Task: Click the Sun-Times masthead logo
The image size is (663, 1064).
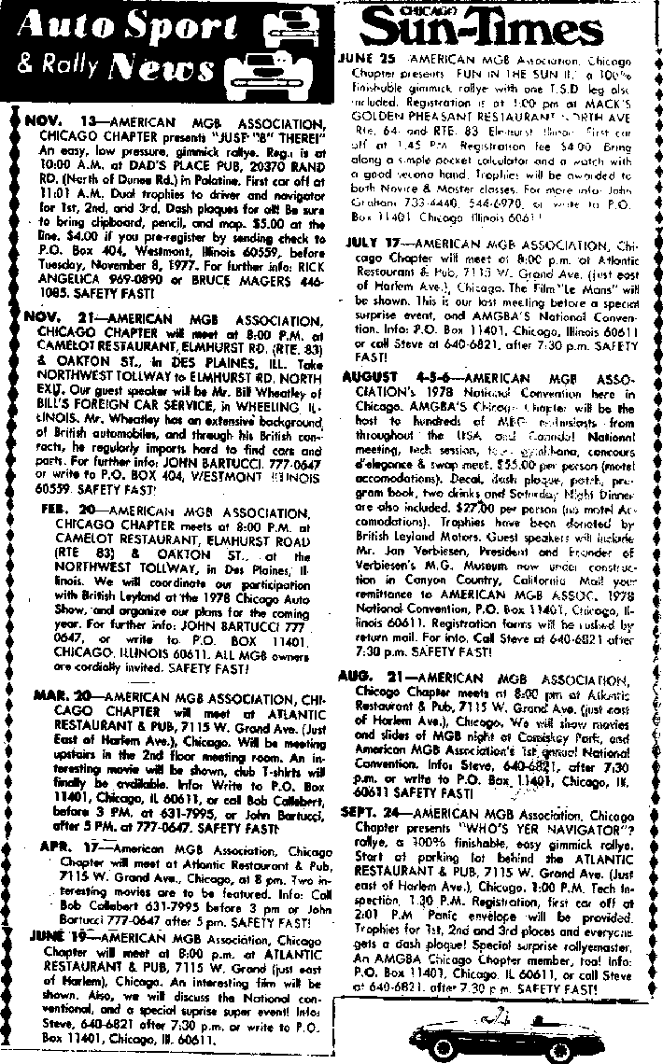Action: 496,26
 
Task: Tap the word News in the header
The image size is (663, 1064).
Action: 153,69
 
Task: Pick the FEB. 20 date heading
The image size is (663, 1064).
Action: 69,512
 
